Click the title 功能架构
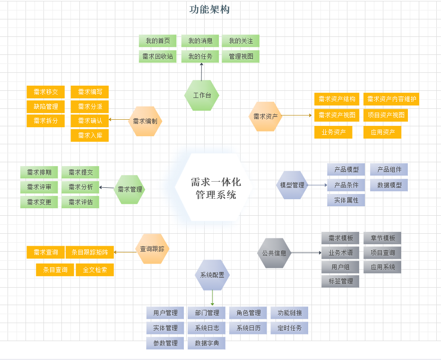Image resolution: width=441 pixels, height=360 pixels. point(209,9)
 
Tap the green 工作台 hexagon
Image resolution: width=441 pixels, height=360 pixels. point(202,95)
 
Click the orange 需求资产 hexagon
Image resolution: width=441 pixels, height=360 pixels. point(265,116)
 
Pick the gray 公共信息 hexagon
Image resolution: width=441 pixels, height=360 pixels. point(274,253)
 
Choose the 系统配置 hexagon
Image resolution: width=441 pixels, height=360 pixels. point(212,275)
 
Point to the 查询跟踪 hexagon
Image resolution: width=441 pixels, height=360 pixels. point(152,248)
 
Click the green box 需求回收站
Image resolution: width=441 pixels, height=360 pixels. point(158,57)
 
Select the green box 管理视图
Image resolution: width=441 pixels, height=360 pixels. point(241,57)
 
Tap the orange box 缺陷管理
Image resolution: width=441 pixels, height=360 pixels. point(45,106)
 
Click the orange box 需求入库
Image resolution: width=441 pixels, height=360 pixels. point(90,136)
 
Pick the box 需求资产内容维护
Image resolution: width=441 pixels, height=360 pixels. point(391,99)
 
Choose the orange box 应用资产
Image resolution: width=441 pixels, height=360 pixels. point(382,132)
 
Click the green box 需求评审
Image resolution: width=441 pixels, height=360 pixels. point(39,187)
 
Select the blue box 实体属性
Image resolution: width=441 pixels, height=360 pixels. point(346,200)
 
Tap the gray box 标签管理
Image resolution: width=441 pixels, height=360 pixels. point(340,281)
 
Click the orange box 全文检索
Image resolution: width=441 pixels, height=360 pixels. point(95,270)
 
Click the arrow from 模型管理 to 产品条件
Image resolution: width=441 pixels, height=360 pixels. point(317,185)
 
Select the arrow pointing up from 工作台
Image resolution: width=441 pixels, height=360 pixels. point(202,72)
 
